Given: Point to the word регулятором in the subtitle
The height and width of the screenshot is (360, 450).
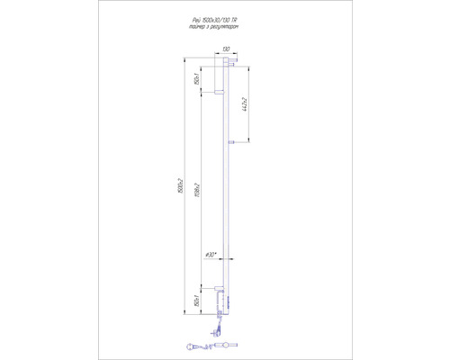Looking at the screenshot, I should click(232, 36).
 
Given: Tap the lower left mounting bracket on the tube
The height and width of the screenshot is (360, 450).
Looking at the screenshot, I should click(218, 288).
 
